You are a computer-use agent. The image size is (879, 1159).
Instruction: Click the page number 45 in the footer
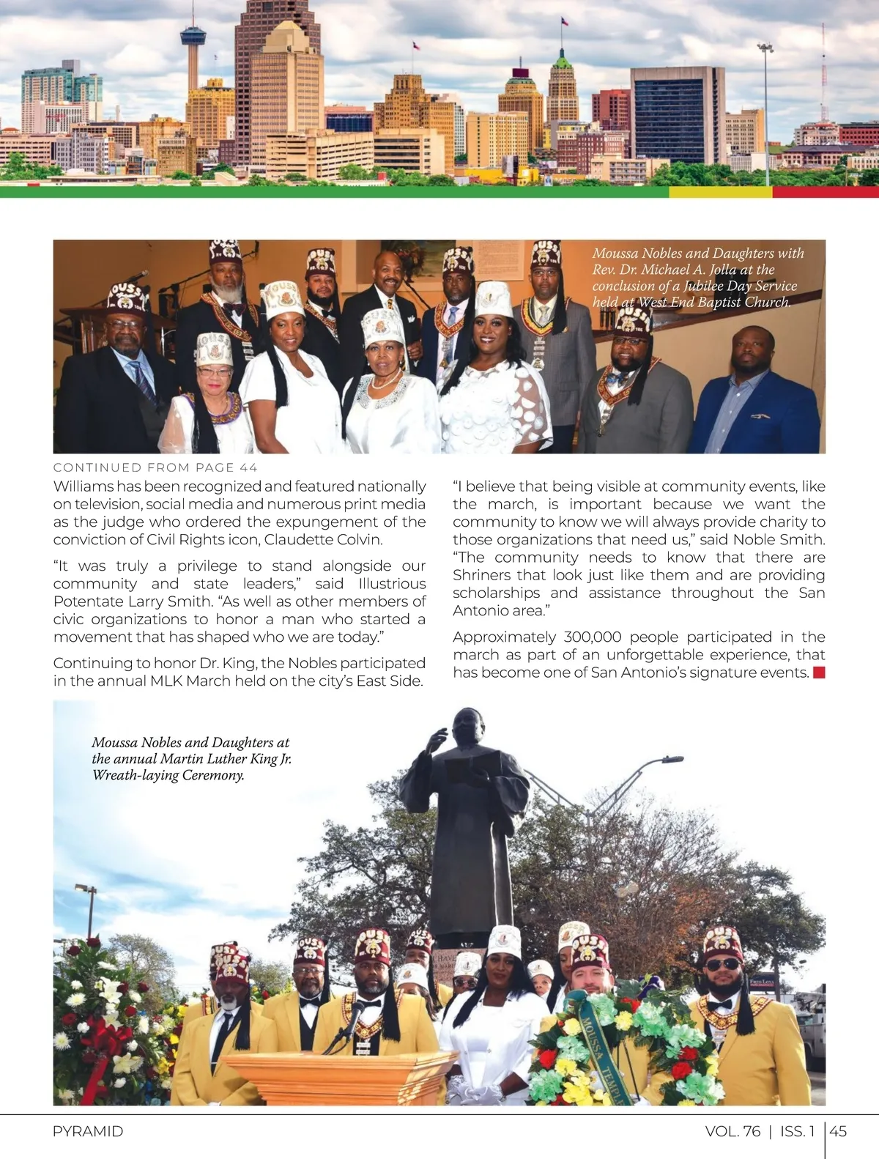[x=839, y=1131]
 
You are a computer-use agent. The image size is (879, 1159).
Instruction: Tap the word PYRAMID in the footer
[x=88, y=1131]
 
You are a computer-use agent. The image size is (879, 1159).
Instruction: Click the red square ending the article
[x=819, y=673]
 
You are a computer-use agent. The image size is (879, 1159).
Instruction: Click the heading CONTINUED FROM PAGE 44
[x=155, y=467]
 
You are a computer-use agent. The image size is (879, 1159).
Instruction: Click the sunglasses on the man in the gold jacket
[x=723, y=965]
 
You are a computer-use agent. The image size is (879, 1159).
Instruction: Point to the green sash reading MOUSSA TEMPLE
[x=599, y=1053]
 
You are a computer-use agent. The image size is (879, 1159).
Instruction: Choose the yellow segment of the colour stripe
[x=720, y=192]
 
